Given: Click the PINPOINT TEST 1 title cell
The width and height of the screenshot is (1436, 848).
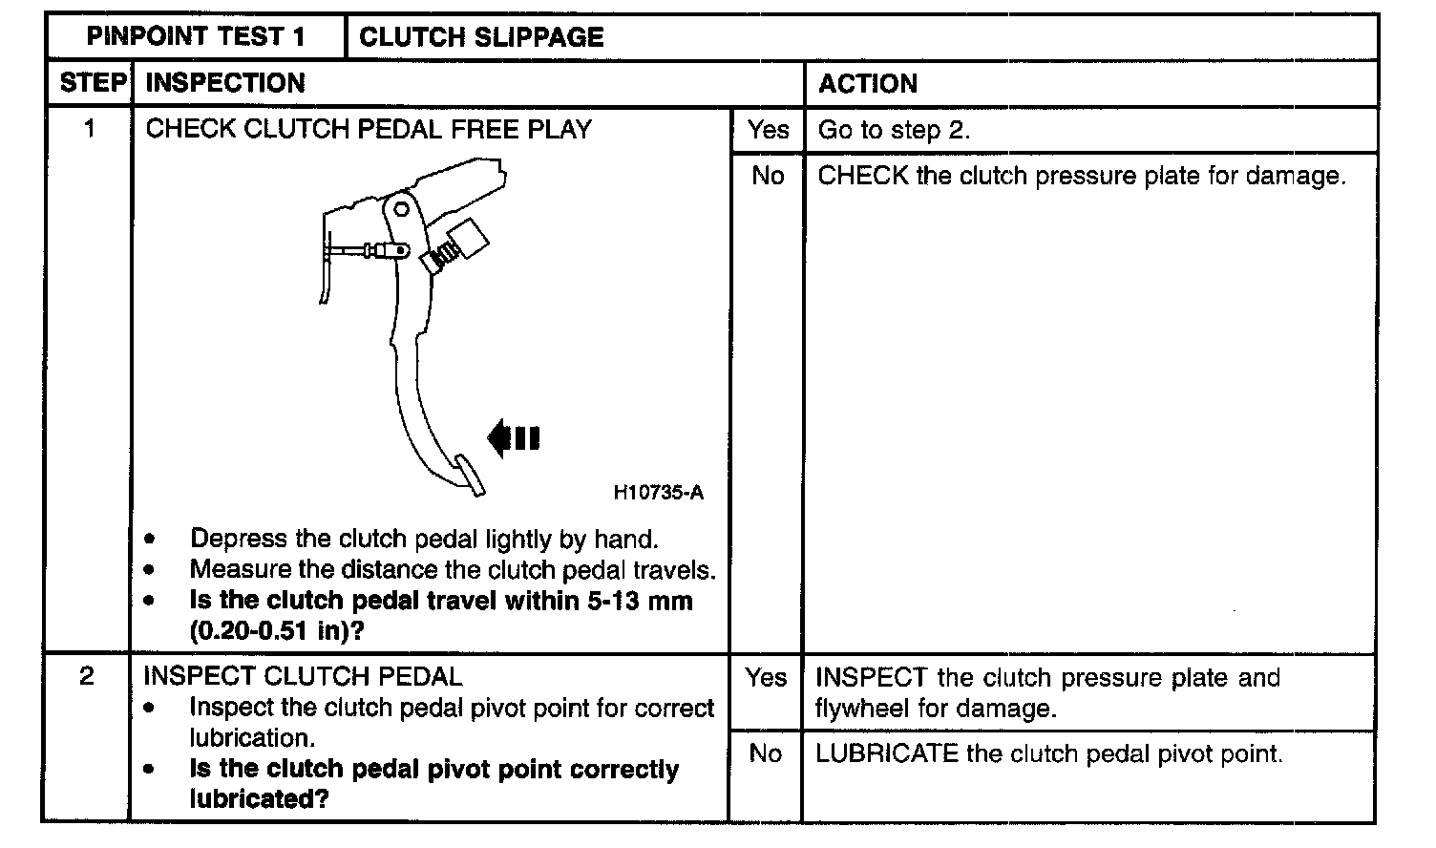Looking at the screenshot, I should [x=196, y=37].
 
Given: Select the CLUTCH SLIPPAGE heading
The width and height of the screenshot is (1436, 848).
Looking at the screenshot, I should [x=481, y=37].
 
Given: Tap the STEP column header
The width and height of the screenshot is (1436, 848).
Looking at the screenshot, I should [x=92, y=83].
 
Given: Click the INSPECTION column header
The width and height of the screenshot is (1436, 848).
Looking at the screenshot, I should [x=225, y=83].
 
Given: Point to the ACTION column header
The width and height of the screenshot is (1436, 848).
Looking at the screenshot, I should [x=867, y=84].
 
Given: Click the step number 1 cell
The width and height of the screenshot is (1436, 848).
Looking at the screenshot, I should [x=90, y=128].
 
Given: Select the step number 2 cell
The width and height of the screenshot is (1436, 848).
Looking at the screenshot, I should [x=87, y=676].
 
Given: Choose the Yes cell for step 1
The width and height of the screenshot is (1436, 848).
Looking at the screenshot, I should [x=768, y=130].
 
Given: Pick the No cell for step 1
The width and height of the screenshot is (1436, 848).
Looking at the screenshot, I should [x=767, y=176].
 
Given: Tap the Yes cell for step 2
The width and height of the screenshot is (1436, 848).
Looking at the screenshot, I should [x=766, y=677].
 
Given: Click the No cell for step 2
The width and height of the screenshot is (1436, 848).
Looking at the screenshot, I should [x=766, y=753].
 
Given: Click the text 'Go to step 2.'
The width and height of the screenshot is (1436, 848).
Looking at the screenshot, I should [x=894, y=130].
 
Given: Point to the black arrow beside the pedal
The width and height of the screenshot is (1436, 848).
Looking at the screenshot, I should [x=514, y=438].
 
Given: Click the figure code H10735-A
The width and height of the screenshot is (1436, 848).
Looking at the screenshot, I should [x=658, y=493].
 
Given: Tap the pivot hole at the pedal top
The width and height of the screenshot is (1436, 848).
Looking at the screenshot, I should [x=402, y=209].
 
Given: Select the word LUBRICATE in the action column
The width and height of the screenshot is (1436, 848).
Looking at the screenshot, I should [x=886, y=753].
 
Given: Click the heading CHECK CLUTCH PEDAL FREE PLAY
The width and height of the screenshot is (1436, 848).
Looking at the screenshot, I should [x=369, y=129].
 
